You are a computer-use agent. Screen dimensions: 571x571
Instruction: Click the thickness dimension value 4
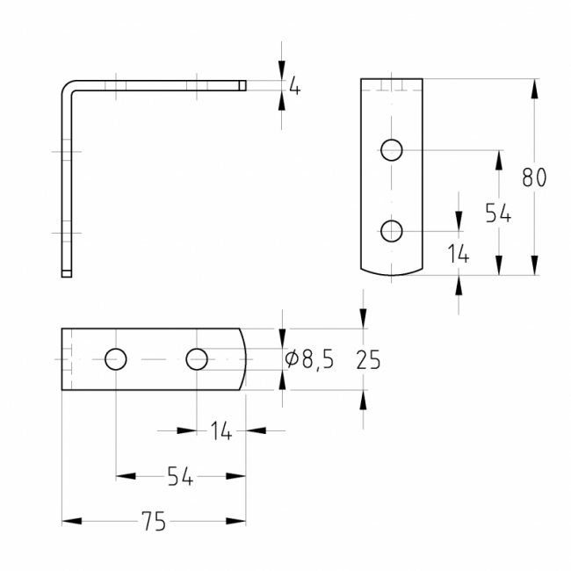[x=294, y=88]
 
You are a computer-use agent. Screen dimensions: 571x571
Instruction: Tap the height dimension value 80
[x=533, y=177]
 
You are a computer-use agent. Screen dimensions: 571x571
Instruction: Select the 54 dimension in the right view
[x=498, y=213]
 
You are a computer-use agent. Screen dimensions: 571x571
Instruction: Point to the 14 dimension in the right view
[x=458, y=256]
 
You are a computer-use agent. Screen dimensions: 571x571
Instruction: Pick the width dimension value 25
[x=369, y=359]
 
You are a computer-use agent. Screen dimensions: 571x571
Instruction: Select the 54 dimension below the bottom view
[x=180, y=476]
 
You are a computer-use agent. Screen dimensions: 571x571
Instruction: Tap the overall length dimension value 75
[x=153, y=522]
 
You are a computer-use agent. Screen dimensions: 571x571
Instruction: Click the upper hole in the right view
[x=392, y=150]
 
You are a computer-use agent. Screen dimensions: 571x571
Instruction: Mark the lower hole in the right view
[x=392, y=231]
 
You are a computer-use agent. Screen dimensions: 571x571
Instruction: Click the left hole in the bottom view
[x=116, y=358]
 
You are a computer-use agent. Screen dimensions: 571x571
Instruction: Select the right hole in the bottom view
[x=197, y=358]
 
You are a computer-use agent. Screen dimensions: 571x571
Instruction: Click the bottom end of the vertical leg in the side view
[x=66, y=274]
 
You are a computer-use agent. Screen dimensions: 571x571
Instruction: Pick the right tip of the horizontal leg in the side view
[x=243, y=85]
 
